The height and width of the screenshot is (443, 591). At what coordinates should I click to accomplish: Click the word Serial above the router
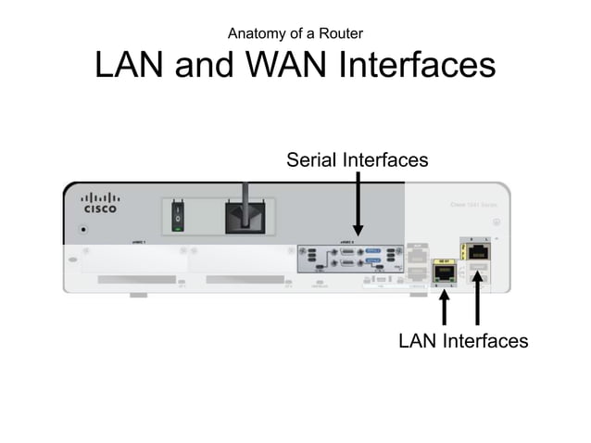(312, 160)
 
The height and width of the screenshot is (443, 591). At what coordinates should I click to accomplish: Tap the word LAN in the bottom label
(418, 341)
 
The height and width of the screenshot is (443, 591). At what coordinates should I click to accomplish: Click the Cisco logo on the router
(100, 203)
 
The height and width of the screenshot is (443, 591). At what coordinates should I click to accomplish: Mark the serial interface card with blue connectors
(350, 259)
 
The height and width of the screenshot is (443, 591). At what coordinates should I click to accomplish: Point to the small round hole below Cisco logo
(86, 227)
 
